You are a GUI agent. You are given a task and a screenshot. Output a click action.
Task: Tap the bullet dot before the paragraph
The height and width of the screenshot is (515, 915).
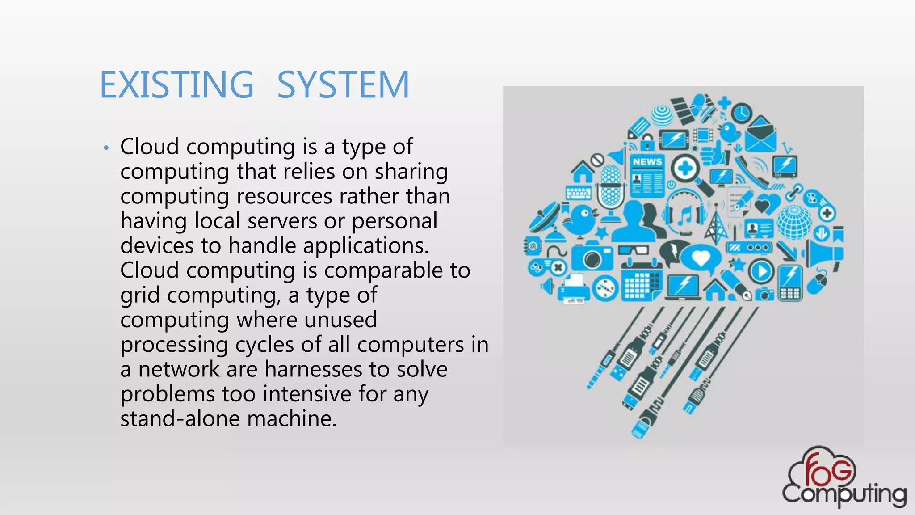[x=106, y=148]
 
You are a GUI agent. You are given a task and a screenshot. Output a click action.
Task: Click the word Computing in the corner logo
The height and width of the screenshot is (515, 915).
[x=844, y=494]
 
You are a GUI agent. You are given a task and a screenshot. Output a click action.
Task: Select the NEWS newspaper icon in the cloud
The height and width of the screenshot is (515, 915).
[x=647, y=176]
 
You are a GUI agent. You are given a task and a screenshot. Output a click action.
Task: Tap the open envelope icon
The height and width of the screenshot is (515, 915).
[x=760, y=134]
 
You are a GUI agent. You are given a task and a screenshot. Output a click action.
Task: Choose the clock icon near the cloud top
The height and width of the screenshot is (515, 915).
[x=742, y=112]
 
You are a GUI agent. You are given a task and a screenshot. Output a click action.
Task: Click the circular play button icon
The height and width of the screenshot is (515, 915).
[x=761, y=271]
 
